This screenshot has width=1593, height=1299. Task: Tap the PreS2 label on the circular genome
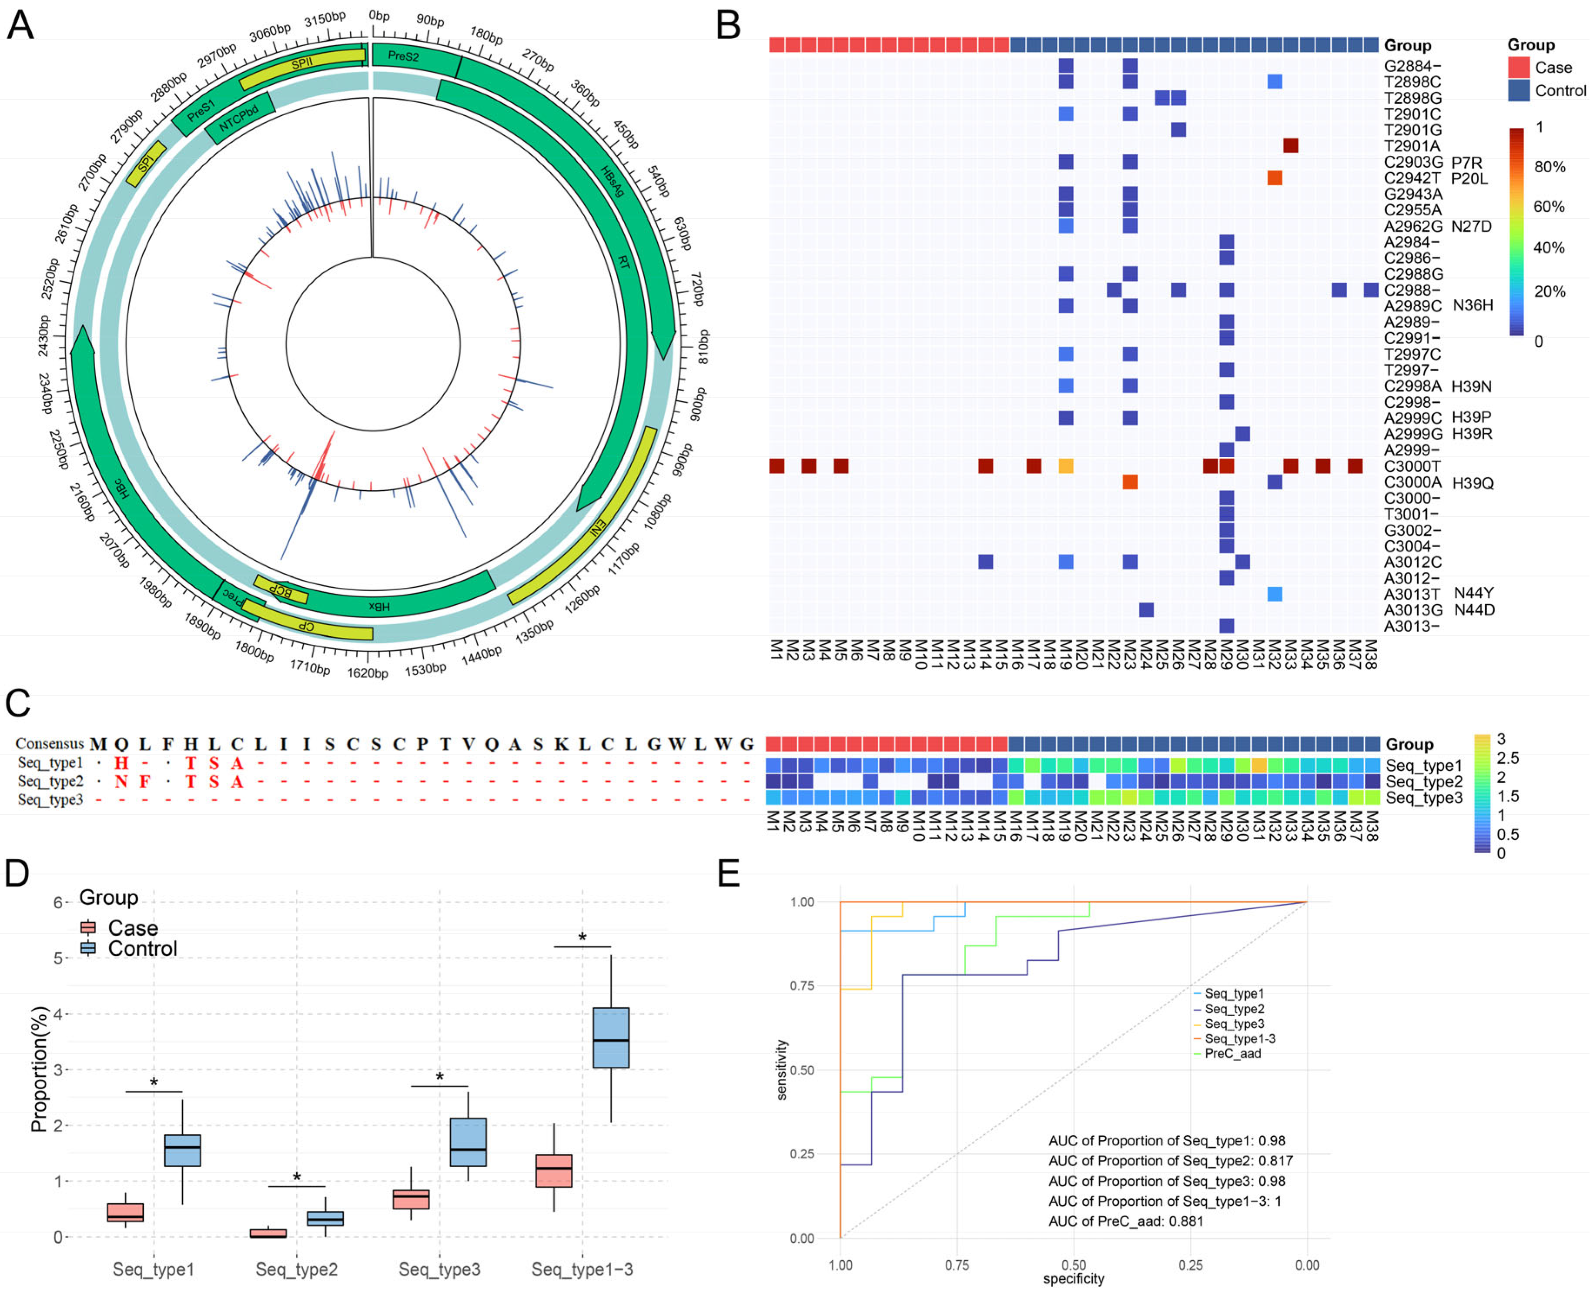(x=403, y=56)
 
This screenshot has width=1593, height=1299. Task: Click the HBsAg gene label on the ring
(x=612, y=181)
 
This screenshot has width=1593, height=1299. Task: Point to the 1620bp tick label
(x=368, y=673)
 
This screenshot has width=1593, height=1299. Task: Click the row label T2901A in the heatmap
(x=1412, y=146)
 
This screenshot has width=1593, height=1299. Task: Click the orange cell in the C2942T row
(x=1274, y=178)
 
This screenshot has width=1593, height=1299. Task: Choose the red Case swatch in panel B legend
(x=1518, y=67)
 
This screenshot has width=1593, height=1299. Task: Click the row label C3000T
(x=1412, y=466)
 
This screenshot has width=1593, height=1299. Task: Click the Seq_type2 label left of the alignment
(x=50, y=781)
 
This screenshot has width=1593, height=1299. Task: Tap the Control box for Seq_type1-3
(x=611, y=1038)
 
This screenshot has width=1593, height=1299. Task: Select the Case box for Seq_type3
(x=411, y=1199)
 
